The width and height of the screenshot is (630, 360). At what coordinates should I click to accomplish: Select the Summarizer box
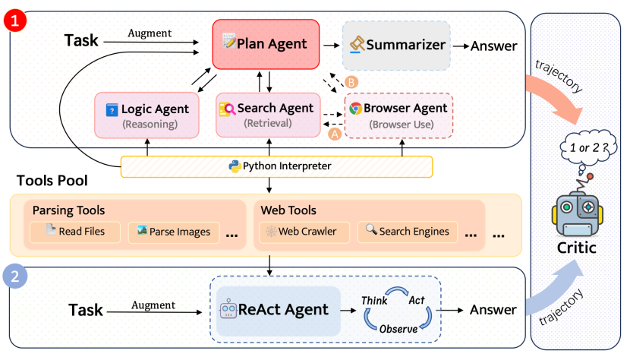coord(396,45)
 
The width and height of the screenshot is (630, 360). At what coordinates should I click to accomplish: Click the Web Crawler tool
coord(304,231)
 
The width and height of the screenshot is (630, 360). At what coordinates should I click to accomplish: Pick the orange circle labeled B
coord(351,81)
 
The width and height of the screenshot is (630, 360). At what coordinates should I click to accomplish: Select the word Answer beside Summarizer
coord(494,46)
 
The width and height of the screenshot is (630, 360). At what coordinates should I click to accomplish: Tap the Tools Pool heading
coord(52,182)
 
